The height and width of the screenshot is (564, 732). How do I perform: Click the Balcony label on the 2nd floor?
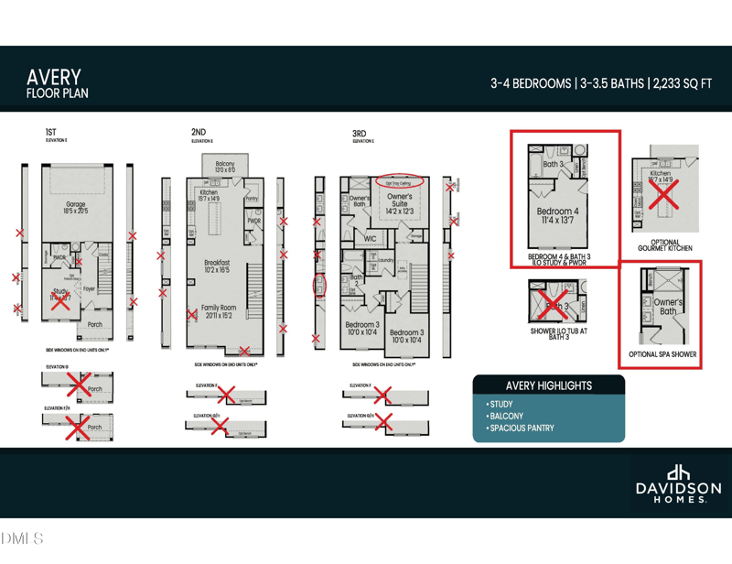[x=224, y=163]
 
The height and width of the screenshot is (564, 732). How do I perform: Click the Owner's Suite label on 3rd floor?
[x=399, y=200]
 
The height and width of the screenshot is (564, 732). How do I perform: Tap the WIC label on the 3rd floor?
[x=370, y=238]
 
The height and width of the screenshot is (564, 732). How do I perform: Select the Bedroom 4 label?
[x=557, y=211]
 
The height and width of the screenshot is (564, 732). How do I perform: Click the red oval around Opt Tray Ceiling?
[x=399, y=181]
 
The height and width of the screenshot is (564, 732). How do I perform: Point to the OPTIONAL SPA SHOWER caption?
[x=662, y=354]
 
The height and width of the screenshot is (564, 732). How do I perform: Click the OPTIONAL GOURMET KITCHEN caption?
[x=664, y=245]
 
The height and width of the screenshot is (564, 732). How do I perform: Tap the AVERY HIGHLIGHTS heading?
[x=549, y=385]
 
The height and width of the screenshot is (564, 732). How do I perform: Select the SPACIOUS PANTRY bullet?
[x=522, y=428]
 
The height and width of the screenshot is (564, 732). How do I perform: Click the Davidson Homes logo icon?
[x=678, y=472]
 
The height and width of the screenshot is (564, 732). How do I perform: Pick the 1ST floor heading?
[x=50, y=133]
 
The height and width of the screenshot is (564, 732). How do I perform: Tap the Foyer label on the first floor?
[x=89, y=289]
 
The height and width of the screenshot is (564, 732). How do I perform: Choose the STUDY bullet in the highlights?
[x=501, y=404]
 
